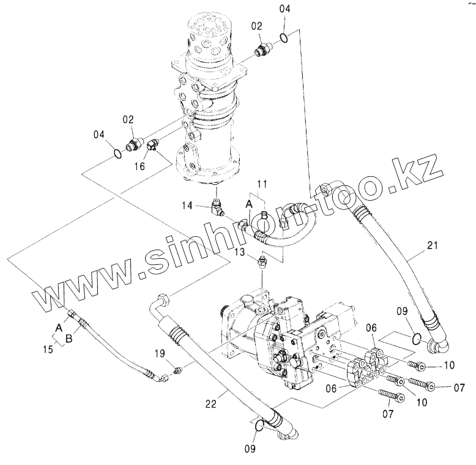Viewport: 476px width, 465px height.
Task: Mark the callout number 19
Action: (160, 352)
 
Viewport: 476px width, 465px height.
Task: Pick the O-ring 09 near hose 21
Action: (415, 338)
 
